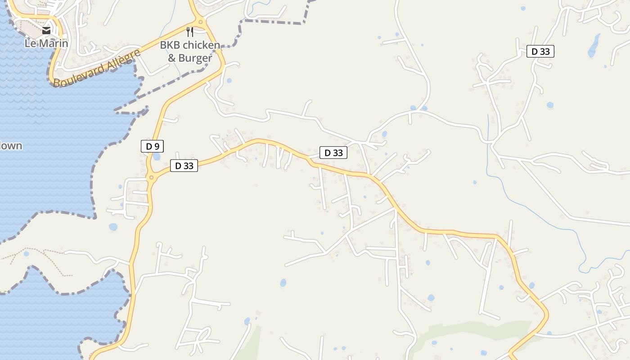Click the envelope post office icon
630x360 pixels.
point(46,31)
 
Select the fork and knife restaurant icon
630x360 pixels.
point(190,31)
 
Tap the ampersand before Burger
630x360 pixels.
point(172,58)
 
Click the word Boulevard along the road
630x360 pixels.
point(79,74)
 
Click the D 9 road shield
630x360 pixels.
point(152,146)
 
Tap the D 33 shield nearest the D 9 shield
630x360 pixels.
point(184,166)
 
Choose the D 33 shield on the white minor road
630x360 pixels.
point(540,51)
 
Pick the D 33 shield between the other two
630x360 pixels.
point(333,153)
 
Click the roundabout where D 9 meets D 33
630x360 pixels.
point(152,177)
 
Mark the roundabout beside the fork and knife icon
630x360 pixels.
point(201,22)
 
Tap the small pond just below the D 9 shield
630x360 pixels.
point(157,157)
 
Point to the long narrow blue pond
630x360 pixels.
point(594,45)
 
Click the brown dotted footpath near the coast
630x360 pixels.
point(40,254)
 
